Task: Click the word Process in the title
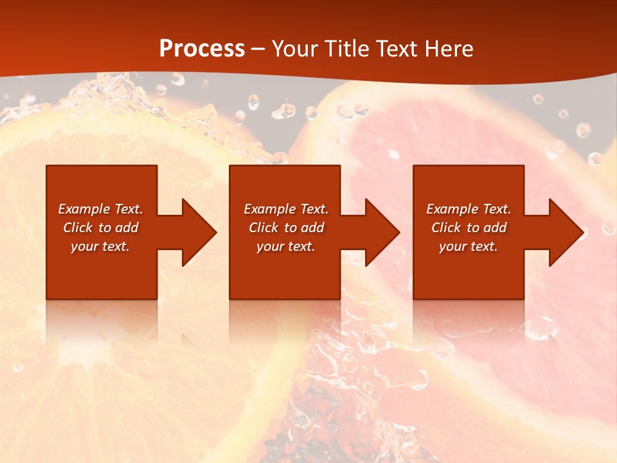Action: (x=202, y=49)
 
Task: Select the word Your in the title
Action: (x=296, y=49)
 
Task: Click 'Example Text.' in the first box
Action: (x=100, y=209)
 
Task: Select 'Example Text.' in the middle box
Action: (x=286, y=209)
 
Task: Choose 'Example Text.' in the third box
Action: (x=469, y=209)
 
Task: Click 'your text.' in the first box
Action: (x=100, y=246)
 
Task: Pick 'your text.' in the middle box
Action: (x=286, y=246)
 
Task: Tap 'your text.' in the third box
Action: (x=469, y=246)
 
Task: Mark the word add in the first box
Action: (x=127, y=228)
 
